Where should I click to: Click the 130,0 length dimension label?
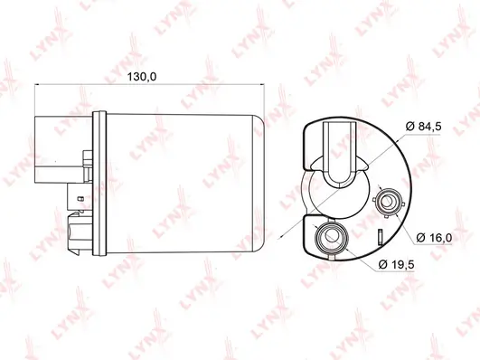(142, 77)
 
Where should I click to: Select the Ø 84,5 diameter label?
(424, 127)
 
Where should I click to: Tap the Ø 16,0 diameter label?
(434, 238)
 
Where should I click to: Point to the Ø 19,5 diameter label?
(397, 264)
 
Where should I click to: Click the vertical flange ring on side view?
(99, 184)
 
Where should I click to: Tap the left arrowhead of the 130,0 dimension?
(37, 84)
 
